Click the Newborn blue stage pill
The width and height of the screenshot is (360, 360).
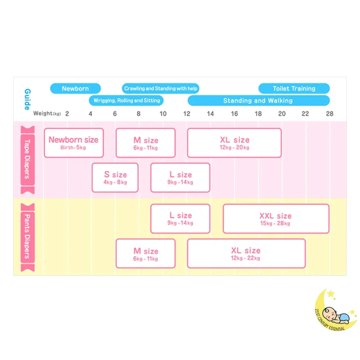pyautogui.click(x=75, y=88)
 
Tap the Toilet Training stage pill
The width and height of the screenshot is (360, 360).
pyautogui.click(x=294, y=88)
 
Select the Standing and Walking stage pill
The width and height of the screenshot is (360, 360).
pyautogui.click(x=258, y=100)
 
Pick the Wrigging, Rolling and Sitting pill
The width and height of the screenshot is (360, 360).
pyautogui.click(x=126, y=100)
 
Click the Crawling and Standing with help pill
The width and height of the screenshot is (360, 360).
pyautogui.click(x=160, y=88)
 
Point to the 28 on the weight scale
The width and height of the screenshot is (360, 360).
pyautogui.click(x=329, y=114)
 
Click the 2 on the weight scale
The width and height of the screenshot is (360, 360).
pyautogui.click(x=67, y=114)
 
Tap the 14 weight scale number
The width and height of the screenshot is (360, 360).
pyautogui.click(x=210, y=114)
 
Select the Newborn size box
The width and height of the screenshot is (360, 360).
pyautogui.click(x=74, y=143)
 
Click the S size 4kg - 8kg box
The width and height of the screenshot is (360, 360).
pyautogui.click(x=115, y=177)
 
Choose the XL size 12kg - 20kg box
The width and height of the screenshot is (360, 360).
pyautogui.click(x=234, y=143)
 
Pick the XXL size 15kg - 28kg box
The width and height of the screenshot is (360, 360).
pyautogui.click(x=276, y=219)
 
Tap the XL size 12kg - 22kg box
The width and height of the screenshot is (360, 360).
pyautogui.click(x=246, y=253)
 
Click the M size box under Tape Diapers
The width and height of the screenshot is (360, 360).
pyautogui.click(x=146, y=143)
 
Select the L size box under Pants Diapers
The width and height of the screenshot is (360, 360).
pyautogui.click(x=180, y=219)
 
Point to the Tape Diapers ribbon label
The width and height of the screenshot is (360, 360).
pyautogui.click(x=27, y=160)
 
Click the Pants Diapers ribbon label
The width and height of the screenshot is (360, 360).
pyautogui.click(x=27, y=237)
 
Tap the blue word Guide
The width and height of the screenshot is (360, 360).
pyautogui.click(x=27, y=99)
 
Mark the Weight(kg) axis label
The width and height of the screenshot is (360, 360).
pyautogui.click(x=47, y=114)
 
